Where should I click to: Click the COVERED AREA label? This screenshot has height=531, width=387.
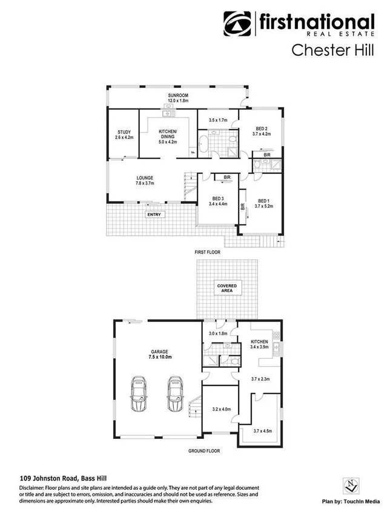click(227, 288)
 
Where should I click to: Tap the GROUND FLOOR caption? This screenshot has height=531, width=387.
click(203, 451)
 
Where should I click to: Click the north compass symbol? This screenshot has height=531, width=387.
click(347, 485)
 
